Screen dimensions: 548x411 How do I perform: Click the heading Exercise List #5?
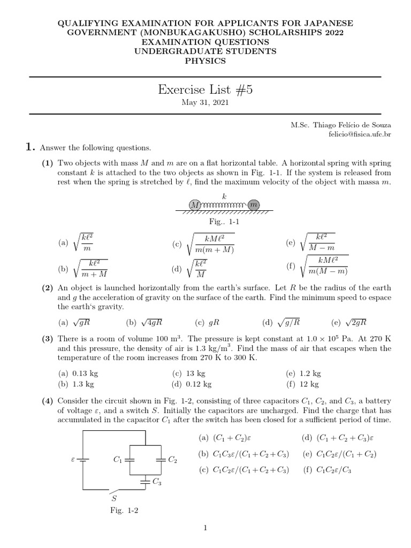tap(205, 89)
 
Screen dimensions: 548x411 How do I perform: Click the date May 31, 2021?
tap(205, 103)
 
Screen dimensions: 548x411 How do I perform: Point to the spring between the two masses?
tap(223, 205)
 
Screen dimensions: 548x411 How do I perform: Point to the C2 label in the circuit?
tap(172, 459)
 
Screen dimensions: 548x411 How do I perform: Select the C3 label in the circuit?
tap(157, 481)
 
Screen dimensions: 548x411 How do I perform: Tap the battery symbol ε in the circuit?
tap(73, 459)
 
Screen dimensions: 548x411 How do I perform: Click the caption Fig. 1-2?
tap(124, 511)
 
